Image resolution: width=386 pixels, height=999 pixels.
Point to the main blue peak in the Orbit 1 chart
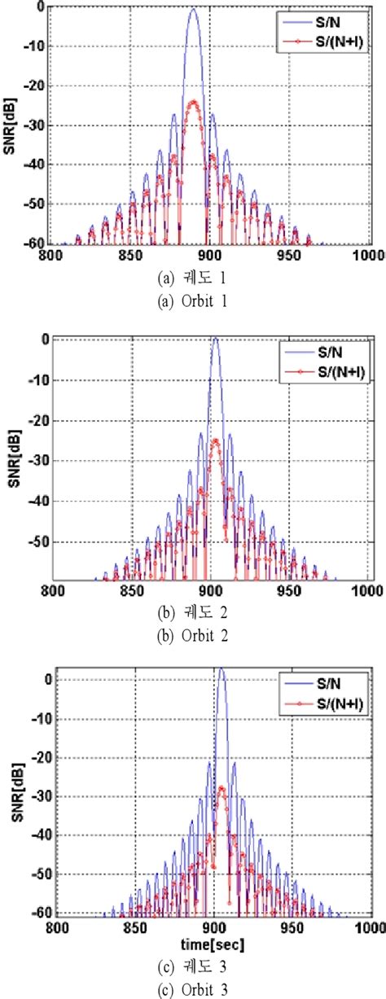pyautogui.click(x=193, y=10)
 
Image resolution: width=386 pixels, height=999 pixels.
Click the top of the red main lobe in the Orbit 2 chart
pyautogui.click(x=215, y=440)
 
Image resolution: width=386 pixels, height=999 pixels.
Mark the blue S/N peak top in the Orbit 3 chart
pyautogui.click(x=221, y=669)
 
